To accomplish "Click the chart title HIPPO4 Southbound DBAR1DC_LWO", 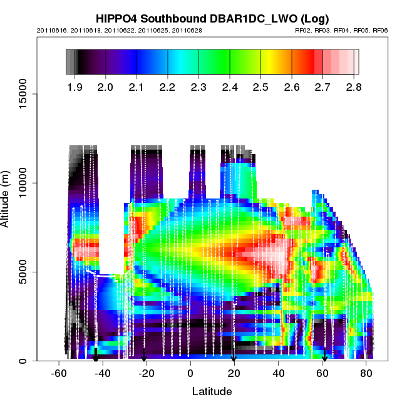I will click(212, 19).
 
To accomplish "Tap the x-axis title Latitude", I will click(212, 392).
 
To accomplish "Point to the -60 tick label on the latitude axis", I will click(59, 374).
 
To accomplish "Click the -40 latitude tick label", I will click(102, 374).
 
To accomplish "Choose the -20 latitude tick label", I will click(146, 374).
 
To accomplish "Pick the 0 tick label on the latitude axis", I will click(190, 374).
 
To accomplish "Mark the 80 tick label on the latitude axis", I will click(366, 374).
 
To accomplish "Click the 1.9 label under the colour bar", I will click(75, 87).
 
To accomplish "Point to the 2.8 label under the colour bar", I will click(353, 87).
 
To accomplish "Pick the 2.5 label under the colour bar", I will click(260, 87).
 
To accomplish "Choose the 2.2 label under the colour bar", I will click(168, 87).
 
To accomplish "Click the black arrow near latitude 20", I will click(234, 358).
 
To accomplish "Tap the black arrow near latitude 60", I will click(324, 358).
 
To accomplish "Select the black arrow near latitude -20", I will click(144, 358).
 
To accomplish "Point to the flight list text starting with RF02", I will click(341, 30).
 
